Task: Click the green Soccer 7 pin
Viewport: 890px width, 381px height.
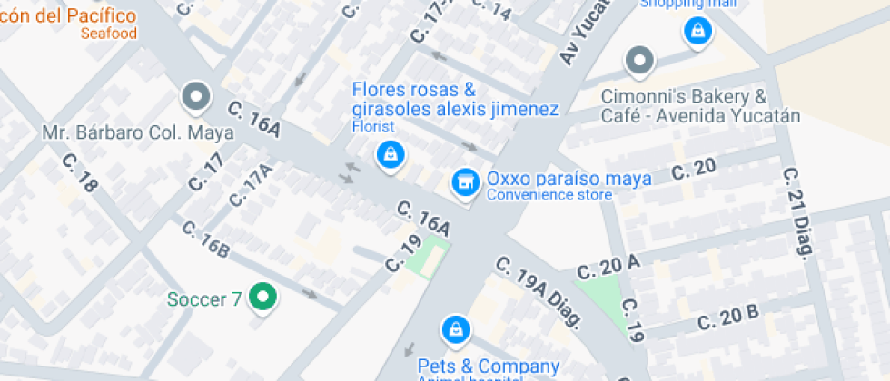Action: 263,297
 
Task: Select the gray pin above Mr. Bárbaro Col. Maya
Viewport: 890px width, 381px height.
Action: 195,95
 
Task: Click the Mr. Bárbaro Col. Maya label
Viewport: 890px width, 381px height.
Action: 138,132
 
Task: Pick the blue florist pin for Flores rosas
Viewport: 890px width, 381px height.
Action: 390,154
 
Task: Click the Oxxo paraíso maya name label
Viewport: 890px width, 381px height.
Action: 569,178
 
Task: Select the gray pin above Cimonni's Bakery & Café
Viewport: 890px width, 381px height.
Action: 640,62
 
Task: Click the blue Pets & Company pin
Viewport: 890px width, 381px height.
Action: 455,328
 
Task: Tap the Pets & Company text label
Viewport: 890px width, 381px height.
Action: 489,366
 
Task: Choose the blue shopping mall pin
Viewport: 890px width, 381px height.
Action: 697,31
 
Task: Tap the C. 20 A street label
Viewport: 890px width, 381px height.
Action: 608,267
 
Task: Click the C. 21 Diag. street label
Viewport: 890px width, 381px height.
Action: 796,211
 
